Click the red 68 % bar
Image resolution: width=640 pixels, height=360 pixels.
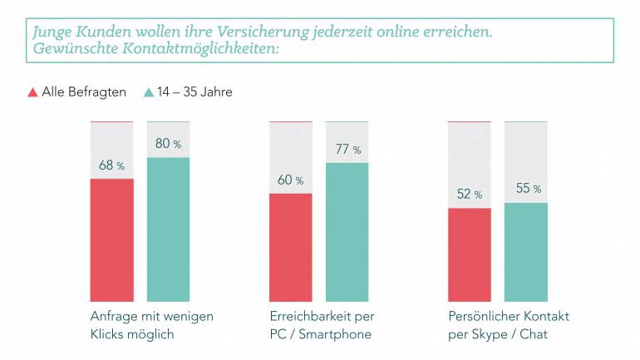(111, 239)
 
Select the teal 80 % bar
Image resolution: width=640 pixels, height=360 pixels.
(168, 229)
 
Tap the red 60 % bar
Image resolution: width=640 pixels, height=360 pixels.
(290, 247)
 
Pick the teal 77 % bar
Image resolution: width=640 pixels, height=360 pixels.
(347, 232)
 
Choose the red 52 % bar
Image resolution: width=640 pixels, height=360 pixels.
(469, 254)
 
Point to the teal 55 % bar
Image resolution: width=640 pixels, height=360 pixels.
(525, 251)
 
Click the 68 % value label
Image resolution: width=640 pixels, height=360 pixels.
(111, 165)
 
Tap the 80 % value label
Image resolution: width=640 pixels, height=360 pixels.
(168, 144)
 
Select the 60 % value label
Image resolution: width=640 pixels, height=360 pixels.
(290, 180)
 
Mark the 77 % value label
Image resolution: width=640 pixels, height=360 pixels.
(347, 150)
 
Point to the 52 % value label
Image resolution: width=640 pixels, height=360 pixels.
(469, 195)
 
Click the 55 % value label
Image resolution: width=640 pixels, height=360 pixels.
(528, 189)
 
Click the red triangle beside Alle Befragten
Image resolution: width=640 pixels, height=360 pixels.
(32, 92)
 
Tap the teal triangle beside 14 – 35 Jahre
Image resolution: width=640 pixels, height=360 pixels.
(148, 92)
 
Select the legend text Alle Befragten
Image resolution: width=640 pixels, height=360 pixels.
(84, 92)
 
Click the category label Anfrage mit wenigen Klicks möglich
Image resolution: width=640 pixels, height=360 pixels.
(151, 325)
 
